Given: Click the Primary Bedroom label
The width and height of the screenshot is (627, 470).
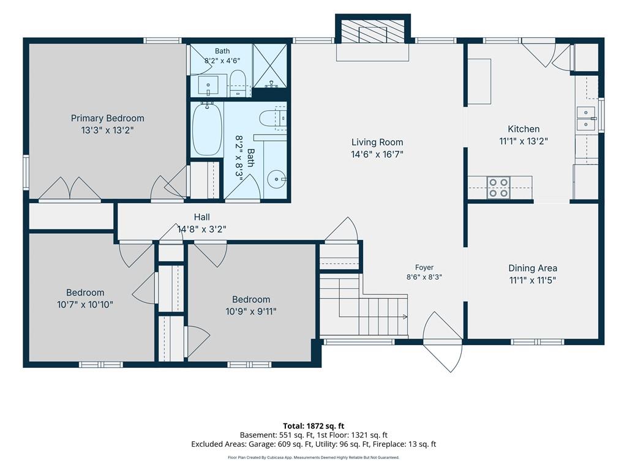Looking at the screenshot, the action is click(108, 118).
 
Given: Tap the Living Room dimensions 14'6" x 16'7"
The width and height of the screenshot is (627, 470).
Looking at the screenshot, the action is click(377, 154).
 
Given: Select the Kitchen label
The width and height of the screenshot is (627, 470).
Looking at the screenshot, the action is click(524, 129).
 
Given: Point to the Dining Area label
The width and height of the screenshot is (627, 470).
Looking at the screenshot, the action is click(533, 268).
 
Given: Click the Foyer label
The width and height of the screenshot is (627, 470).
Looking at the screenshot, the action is click(424, 267).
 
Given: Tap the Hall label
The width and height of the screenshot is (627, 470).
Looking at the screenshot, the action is click(202, 217).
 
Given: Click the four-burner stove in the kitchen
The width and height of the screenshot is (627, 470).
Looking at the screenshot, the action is click(498, 188).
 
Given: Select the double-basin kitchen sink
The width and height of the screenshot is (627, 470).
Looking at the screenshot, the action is click(586, 119).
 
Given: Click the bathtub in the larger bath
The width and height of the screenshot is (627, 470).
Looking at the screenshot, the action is click(207, 130).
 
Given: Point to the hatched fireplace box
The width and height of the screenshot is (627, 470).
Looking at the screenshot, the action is click(373, 30).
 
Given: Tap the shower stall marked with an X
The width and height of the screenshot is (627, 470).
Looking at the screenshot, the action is click(270, 65).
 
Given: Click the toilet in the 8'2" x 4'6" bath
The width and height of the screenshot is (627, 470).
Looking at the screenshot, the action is click(238, 83).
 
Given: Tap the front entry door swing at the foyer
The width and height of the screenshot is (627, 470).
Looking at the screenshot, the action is click(443, 342).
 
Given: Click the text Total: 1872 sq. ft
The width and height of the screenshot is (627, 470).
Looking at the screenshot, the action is click(313, 426).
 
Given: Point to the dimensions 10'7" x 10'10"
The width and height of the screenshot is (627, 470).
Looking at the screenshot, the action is click(84, 305).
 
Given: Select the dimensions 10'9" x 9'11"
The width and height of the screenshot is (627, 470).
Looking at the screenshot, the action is click(251, 311).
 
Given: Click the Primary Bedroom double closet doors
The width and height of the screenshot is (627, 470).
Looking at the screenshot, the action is click(70, 188).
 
